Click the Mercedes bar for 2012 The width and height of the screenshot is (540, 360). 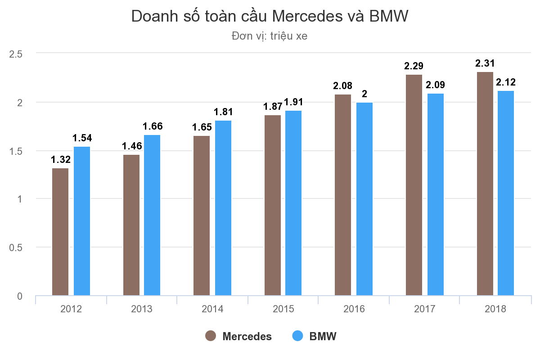[x=60, y=232]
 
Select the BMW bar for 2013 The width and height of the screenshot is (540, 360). [x=152, y=215]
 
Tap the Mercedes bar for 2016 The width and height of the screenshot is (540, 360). [x=343, y=195]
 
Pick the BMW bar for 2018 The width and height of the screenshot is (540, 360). [x=506, y=193]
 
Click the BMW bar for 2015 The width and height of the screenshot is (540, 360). [x=293, y=203]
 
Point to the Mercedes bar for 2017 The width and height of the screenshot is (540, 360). [x=414, y=185]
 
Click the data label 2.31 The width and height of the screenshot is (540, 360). [x=485, y=63]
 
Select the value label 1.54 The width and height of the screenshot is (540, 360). [x=82, y=138]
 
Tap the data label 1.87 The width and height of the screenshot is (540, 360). [x=272, y=107]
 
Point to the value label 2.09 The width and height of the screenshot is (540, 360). [x=435, y=85]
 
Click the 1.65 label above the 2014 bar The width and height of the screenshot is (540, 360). [x=202, y=127]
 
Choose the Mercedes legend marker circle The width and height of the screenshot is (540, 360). [x=211, y=336]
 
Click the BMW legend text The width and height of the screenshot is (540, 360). [x=323, y=336]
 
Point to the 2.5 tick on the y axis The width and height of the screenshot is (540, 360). [x=16, y=54]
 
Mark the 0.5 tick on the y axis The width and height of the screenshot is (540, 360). [x=16, y=247]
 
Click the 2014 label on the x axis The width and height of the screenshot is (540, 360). [x=212, y=309]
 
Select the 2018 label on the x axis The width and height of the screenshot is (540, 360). [x=495, y=309]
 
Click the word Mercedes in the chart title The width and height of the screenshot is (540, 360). [x=307, y=16]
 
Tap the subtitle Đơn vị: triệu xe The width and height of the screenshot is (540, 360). [x=270, y=36]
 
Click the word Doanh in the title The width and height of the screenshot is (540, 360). [x=154, y=16]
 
